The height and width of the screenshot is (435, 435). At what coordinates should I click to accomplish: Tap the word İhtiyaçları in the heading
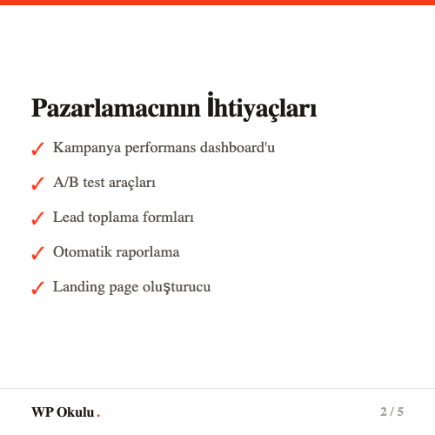coord(262,109)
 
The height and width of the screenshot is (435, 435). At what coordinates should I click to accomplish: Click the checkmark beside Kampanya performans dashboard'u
coord(37,149)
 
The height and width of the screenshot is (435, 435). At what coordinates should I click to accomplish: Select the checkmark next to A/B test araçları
coord(37,184)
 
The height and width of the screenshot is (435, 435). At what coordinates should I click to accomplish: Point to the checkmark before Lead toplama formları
coord(37,218)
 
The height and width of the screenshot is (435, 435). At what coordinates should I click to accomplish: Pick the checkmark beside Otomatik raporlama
coord(37,253)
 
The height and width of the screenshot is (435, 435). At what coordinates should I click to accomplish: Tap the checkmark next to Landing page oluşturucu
coord(37,288)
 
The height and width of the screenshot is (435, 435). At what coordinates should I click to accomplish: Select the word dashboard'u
coord(238,148)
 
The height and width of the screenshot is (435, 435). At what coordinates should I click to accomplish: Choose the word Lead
coord(67,217)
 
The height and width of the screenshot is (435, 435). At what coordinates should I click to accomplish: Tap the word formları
coord(165,217)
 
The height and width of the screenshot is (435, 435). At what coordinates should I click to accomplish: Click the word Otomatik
coord(81,251)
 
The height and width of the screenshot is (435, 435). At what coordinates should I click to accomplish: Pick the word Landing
coord(77,286)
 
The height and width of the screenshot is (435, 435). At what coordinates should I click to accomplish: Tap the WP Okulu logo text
coord(63,412)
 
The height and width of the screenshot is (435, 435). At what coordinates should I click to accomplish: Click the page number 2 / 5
coord(391,412)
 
